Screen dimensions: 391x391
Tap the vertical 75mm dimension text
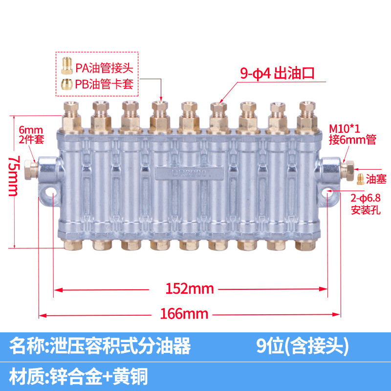[15, 176]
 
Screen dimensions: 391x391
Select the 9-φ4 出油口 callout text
[276, 73]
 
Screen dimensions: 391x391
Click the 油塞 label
[377, 179]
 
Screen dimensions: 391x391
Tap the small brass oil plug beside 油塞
[360, 178]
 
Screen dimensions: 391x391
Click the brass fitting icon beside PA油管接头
[66, 64]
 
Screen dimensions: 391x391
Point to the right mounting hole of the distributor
[327, 197]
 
